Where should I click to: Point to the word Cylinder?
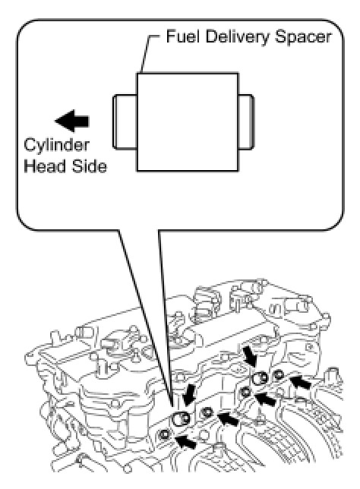click(x=57, y=146)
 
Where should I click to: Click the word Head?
click(x=45, y=166)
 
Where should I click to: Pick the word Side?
click(x=90, y=166)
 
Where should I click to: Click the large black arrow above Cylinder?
click(x=72, y=121)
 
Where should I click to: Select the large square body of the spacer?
click(x=188, y=122)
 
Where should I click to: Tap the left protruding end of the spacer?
click(x=125, y=121)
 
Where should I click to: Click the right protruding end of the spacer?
click(x=246, y=121)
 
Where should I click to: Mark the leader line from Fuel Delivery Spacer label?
click(x=147, y=53)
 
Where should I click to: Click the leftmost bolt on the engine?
click(x=164, y=434)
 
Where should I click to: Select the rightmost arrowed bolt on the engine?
click(x=278, y=374)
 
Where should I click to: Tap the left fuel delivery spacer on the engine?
click(x=181, y=419)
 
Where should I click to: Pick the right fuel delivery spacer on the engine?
click(x=261, y=379)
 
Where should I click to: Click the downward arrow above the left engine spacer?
click(x=189, y=395)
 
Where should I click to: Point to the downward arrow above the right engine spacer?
click(x=251, y=356)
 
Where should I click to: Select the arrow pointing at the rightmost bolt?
click(x=301, y=382)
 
